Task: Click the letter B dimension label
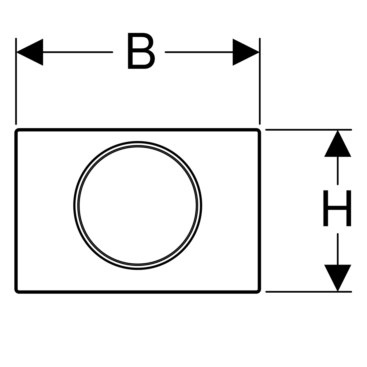pos(141,51)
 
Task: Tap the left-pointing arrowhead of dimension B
pos(30,52)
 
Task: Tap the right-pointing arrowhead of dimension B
pos(246,52)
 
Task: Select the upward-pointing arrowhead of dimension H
pos(337,144)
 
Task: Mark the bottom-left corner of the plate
pos(15,293)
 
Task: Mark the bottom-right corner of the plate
pos(261,293)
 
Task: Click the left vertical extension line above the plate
pos(16,81)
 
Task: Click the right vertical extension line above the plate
pos(260,81)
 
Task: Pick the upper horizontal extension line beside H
pos(309,130)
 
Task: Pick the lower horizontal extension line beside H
pos(309,292)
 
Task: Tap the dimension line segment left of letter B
pos(78,52)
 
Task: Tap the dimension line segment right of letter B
pos(199,52)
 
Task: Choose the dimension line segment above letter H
pos(338,171)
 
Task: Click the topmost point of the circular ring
pos(138,142)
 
